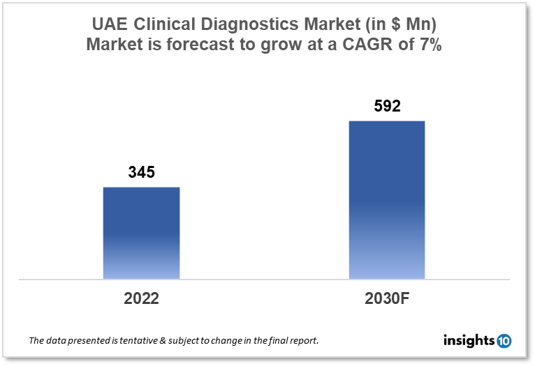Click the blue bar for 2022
tap(141, 233)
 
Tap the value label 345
tap(141, 172)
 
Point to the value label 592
tap(386, 107)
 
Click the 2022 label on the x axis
tap(141, 299)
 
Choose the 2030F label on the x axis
tap(386, 299)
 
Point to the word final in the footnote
tap(283, 341)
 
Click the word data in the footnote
tap(55, 341)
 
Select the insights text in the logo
tap(469, 340)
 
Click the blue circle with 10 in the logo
tap(504, 340)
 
